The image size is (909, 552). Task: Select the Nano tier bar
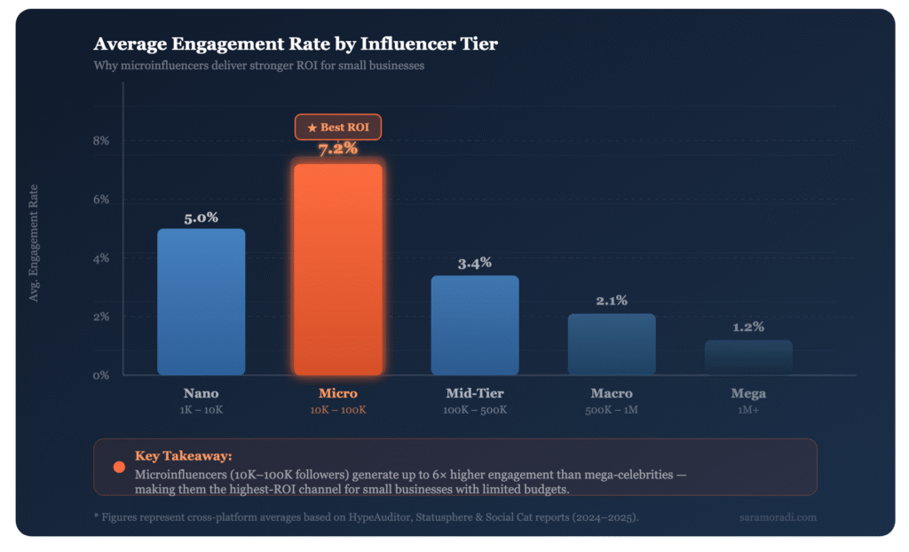pyautogui.click(x=202, y=302)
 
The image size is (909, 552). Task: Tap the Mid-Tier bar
pyautogui.click(x=475, y=325)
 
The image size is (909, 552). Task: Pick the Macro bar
pyautogui.click(x=612, y=344)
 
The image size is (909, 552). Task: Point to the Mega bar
pyautogui.click(x=748, y=357)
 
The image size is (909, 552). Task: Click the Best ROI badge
pyautogui.click(x=337, y=128)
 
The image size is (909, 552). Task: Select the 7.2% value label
pyautogui.click(x=338, y=148)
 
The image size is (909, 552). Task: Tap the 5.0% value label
pyautogui.click(x=202, y=217)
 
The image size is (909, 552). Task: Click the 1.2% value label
pyautogui.click(x=748, y=327)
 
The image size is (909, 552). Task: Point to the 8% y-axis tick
pyautogui.click(x=101, y=141)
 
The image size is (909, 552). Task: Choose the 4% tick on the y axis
pyautogui.click(x=101, y=258)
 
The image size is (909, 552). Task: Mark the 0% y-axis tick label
pyautogui.click(x=101, y=375)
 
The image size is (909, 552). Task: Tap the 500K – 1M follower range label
pyautogui.click(x=612, y=410)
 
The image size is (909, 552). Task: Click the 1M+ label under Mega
pyautogui.click(x=748, y=410)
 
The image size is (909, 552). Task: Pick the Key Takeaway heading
pyautogui.click(x=183, y=455)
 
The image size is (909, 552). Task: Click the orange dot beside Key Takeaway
pyautogui.click(x=119, y=467)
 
